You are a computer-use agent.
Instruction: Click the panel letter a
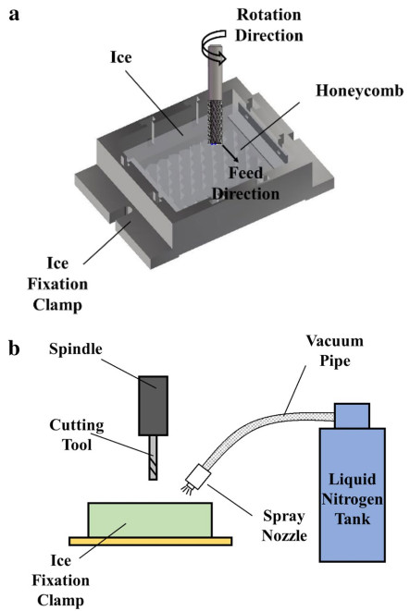click(14, 15)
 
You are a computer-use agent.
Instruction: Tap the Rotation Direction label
click(269, 25)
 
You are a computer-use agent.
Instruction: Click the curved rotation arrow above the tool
click(214, 47)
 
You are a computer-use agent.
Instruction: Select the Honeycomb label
click(359, 91)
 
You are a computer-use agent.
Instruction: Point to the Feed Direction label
click(246, 183)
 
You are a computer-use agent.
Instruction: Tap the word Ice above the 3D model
click(121, 57)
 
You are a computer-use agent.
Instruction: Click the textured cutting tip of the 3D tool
click(215, 122)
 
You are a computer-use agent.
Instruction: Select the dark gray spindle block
click(154, 406)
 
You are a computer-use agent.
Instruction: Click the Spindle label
click(76, 348)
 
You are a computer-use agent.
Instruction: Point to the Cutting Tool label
click(77, 434)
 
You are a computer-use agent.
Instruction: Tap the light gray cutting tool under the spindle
click(153, 458)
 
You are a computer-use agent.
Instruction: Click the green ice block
click(150, 519)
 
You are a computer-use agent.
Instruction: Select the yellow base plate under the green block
click(151, 542)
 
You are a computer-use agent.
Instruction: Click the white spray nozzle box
click(199, 476)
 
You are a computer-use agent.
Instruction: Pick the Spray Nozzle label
click(284, 526)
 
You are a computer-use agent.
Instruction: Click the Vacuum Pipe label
click(335, 350)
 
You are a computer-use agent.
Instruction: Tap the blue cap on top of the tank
click(353, 416)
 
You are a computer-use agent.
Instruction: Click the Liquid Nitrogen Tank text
click(353, 499)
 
